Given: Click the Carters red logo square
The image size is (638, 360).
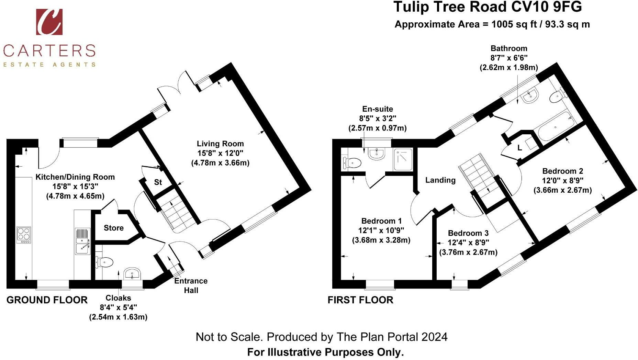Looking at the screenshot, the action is coord(49,22).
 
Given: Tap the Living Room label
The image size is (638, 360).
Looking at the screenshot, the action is coord(220,144).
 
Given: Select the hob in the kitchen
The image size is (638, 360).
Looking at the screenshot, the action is coord(24,235).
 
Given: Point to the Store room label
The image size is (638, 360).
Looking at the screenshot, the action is coord(114,228).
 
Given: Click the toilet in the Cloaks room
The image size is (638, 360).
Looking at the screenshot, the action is coord(105,262).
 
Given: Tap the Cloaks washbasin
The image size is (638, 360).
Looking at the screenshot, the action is coord(132,274).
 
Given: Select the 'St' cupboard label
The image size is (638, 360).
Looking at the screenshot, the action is coord(158,182).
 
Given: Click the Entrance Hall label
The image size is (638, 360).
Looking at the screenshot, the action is coord(191,285).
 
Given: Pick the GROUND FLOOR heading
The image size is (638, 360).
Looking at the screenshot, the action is coord(47,300).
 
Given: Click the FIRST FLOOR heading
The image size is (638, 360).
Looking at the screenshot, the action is coord(360,300).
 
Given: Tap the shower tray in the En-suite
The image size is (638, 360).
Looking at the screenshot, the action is coord(403,159).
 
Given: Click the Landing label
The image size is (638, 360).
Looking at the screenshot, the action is coord(440,180).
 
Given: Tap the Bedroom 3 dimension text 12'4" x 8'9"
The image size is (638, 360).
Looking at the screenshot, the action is coord(468,243).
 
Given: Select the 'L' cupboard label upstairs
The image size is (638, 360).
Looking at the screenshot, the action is coord(519,148).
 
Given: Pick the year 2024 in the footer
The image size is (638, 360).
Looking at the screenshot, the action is coord(434,337).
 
